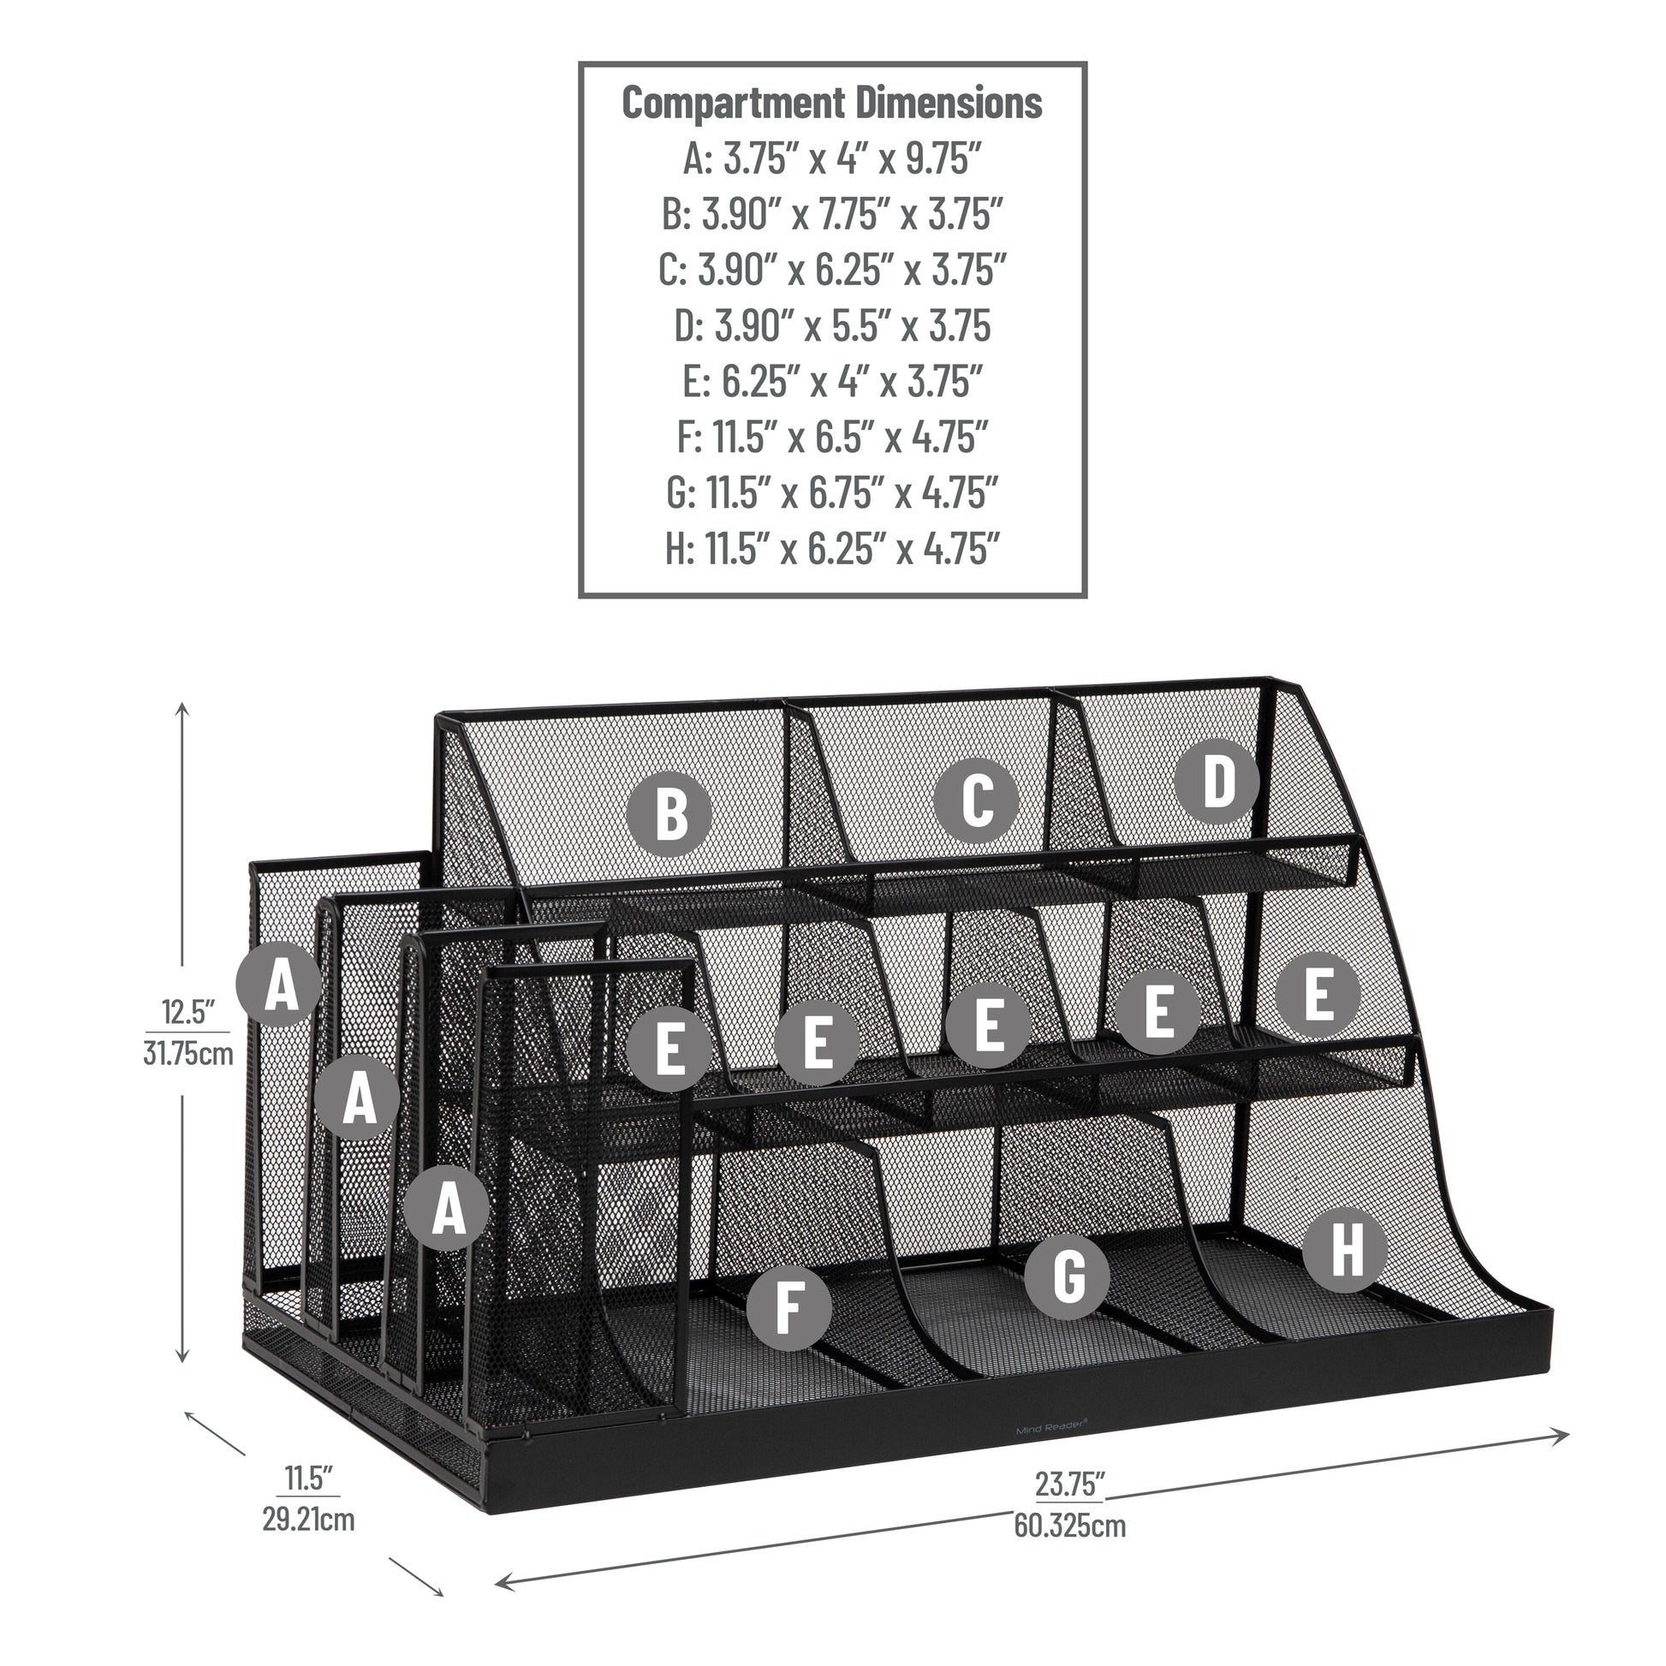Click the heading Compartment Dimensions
tap(832, 103)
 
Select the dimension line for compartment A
tap(832, 158)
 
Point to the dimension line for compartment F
tap(832, 437)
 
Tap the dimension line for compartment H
tap(832, 549)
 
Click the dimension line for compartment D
tap(832, 326)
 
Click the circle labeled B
tap(669, 813)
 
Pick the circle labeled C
tap(976, 800)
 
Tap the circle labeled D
tap(1217, 781)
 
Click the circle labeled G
tap(1068, 1276)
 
